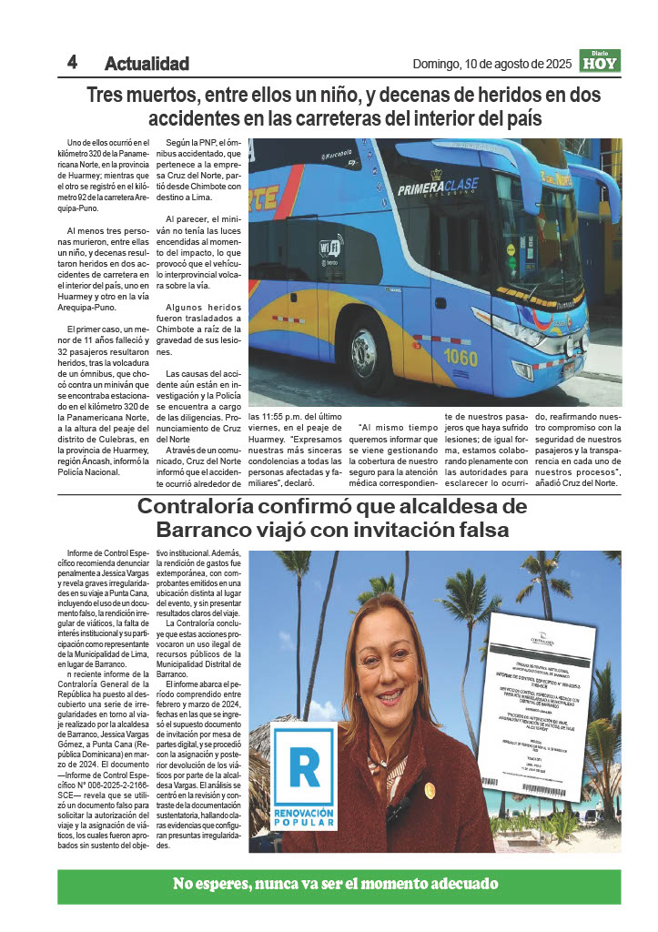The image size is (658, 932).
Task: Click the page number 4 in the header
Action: pyautogui.click(x=72, y=62)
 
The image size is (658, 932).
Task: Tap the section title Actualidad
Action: pyautogui.click(x=147, y=64)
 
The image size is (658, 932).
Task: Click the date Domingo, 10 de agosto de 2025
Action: pyautogui.click(x=491, y=64)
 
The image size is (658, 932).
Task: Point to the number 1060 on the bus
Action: pyautogui.click(x=461, y=357)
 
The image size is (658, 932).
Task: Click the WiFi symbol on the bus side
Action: pyautogui.click(x=330, y=248)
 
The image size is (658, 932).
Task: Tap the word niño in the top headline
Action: pyautogui.click(x=339, y=95)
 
